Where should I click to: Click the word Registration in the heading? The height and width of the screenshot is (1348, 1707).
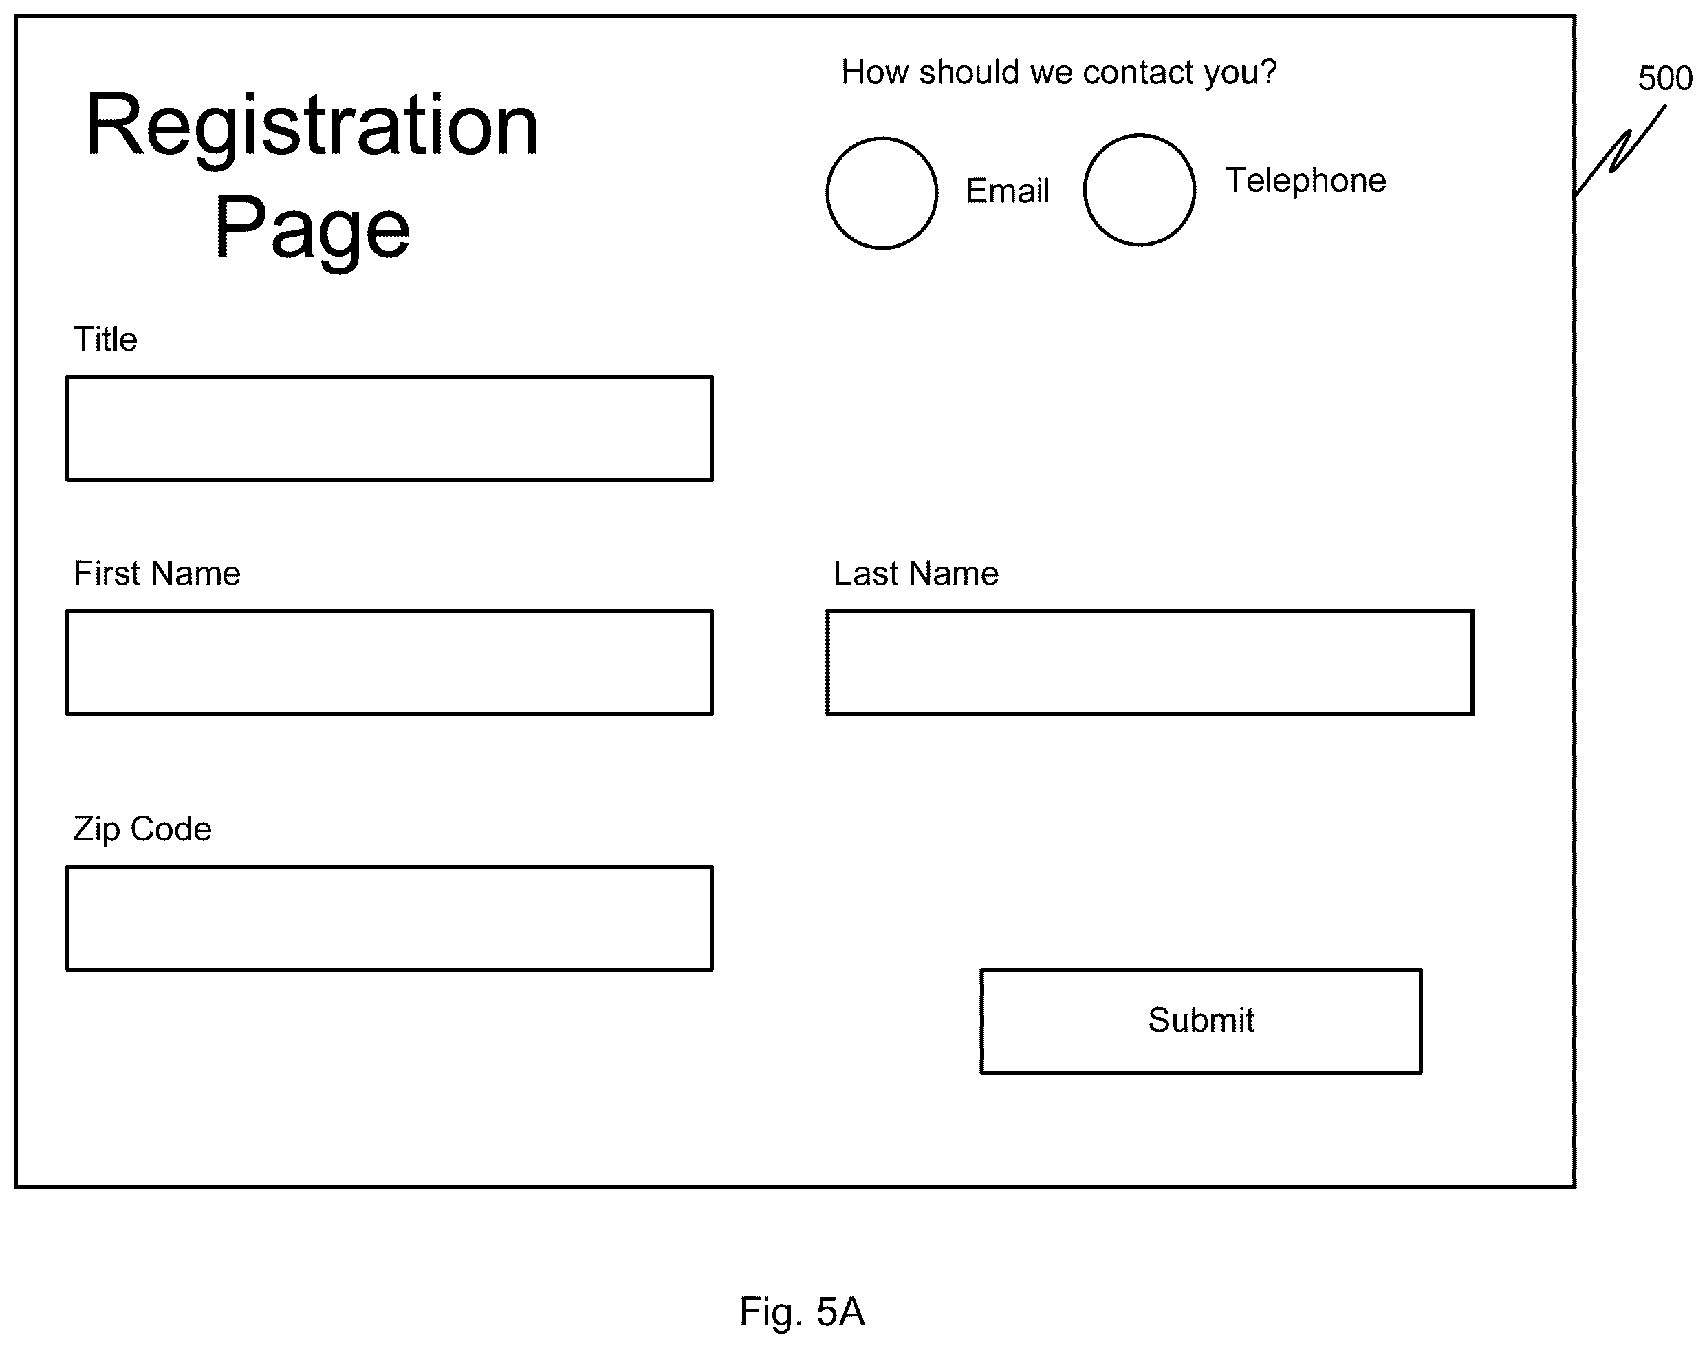click(312, 127)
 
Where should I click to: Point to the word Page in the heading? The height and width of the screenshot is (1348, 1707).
click(312, 229)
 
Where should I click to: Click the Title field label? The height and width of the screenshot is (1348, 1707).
click(105, 339)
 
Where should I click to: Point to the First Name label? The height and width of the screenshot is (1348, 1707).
click(156, 573)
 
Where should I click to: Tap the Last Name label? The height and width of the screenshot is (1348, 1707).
click(915, 573)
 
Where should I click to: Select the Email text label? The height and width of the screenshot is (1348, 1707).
click(1007, 191)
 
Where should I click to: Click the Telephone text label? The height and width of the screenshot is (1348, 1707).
click(1305, 181)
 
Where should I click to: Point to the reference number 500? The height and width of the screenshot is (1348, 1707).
click(1665, 78)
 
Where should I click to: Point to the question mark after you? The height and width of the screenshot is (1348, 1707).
click(1268, 71)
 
